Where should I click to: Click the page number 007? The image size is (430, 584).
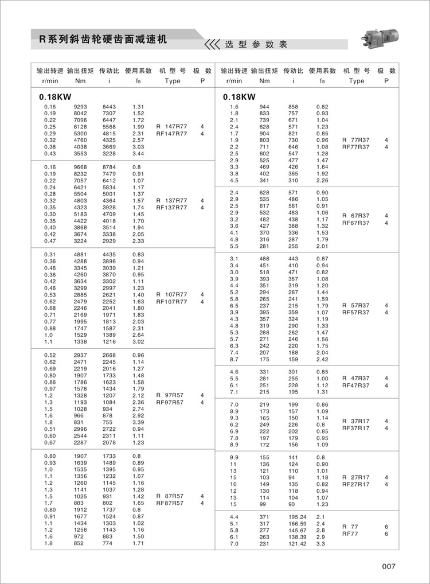tap(389, 567)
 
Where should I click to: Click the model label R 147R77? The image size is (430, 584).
tap(171, 126)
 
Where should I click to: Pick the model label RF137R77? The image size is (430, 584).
tap(171, 207)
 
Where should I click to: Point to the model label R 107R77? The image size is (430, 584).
tap(171, 294)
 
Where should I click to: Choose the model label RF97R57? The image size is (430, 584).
tap(171, 403)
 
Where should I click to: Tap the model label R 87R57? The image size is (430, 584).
tap(171, 496)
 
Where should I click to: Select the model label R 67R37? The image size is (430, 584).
tap(356, 216)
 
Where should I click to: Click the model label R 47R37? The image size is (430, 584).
tap(356, 379)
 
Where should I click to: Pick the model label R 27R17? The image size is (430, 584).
tap(356, 477)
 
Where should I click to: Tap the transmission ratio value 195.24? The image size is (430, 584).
tap(297, 516)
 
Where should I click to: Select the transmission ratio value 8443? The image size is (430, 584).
tap(109, 107)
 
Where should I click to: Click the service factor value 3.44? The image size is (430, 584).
tap(138, 154)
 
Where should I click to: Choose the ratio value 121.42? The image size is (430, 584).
tap(297, 543)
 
